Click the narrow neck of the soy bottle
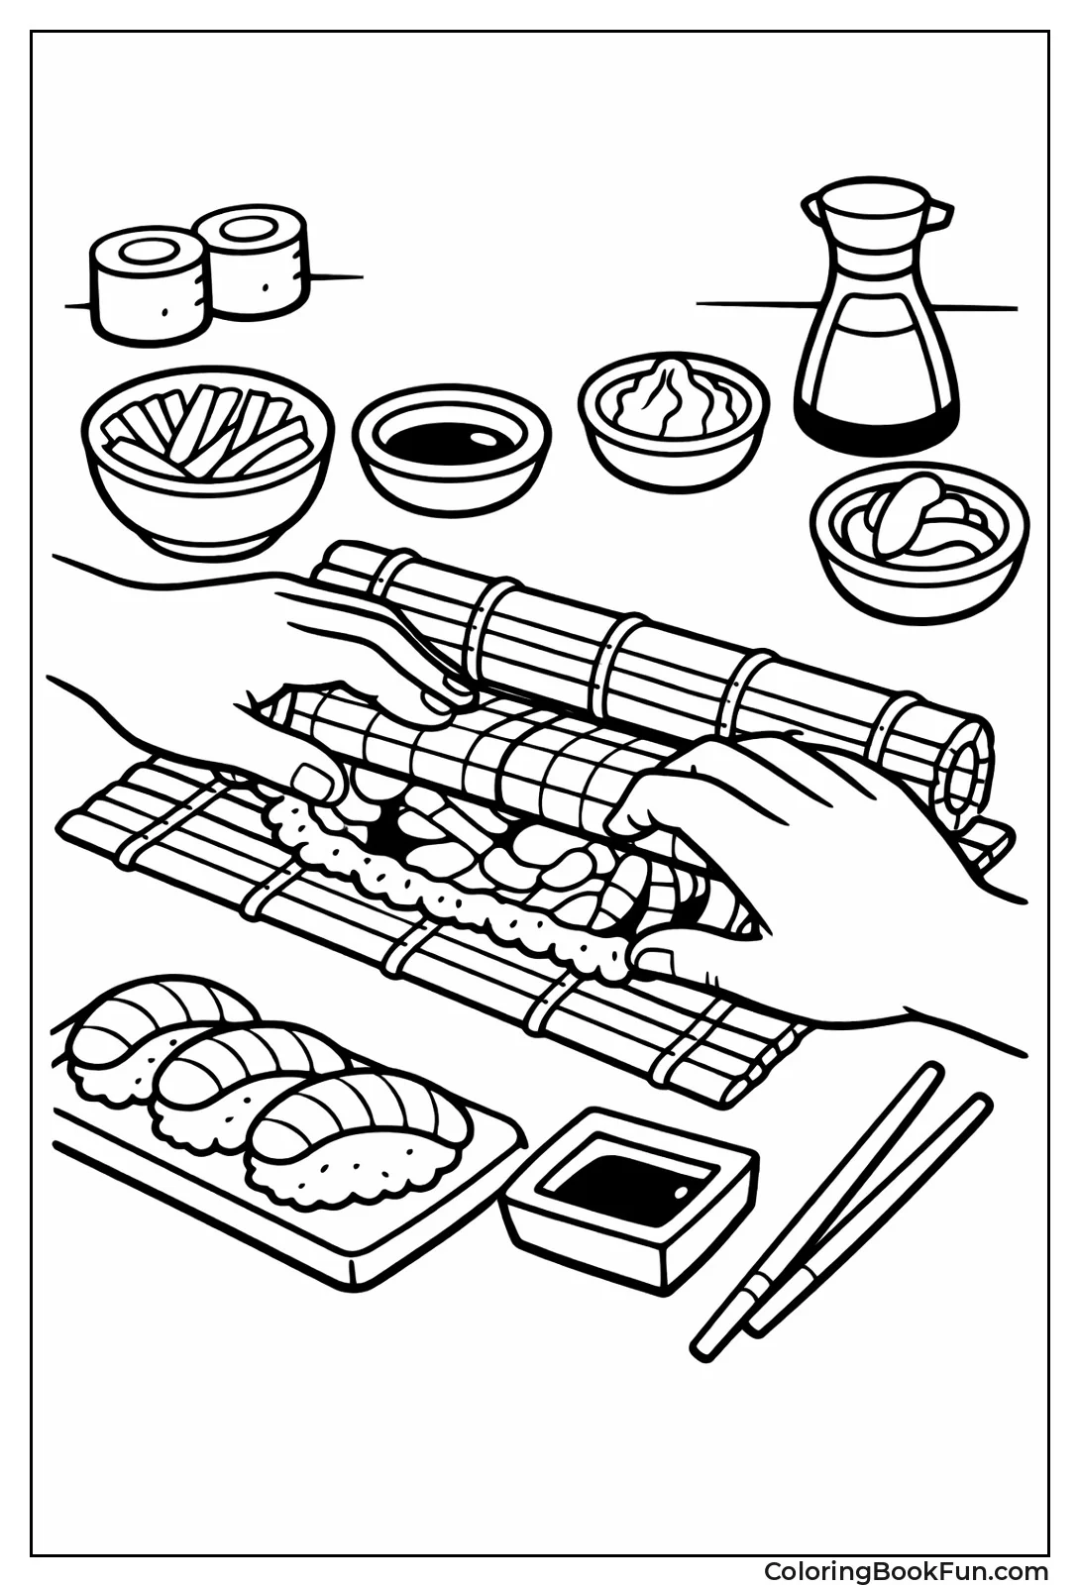(877, 253)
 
